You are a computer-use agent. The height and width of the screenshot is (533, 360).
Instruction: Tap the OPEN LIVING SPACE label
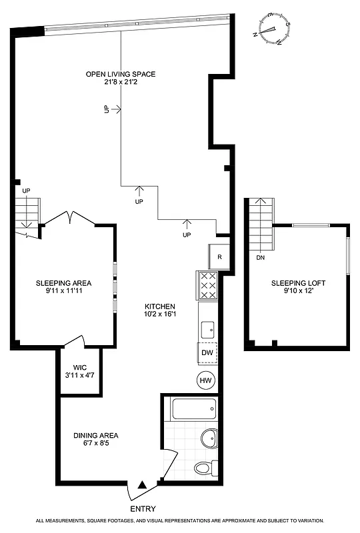pyautogui.click(x=120, y=74)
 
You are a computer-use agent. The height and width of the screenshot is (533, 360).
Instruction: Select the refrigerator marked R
pyautogui.click(x=220, y=256)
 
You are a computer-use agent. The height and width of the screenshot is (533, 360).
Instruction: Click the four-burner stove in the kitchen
pyautogui.click(x=208, y=286)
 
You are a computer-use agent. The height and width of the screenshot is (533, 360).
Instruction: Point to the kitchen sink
pyautogui.click(x=207, y=328)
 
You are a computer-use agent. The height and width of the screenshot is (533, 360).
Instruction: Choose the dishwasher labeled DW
pyautogui.click(x=207, y=352)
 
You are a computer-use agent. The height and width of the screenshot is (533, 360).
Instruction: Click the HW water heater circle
pyautogui.click(x=205, y=380)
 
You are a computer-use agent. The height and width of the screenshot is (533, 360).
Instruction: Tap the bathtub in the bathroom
pyautogui.click(x=194, y=408)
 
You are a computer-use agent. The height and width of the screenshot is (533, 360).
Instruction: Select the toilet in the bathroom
pyautogui.click(x=204, y=468)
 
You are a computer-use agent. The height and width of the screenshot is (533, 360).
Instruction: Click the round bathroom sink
pyautogui.click(x=208, y=438)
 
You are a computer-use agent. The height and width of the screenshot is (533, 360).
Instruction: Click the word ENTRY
pyautogui.click(x=143, y=509)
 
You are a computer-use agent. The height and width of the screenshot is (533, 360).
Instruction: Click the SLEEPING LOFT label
pyautogui.click(x=297, y=283)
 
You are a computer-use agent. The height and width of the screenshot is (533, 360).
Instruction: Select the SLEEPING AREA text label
pyautogui.click(x=63, y=283)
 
